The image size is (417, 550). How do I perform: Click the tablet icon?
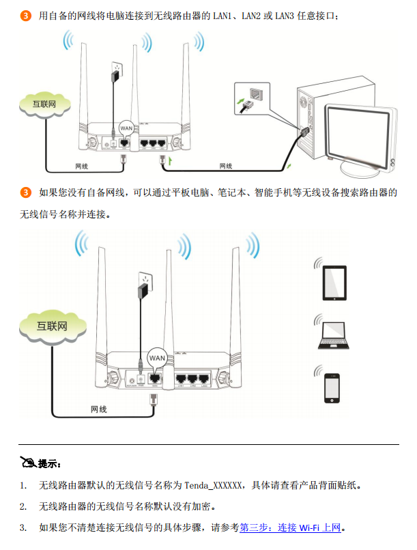[334, 283]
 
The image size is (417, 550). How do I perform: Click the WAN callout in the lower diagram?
[157, 358]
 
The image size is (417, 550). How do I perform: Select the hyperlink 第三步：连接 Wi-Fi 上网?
[289, 527]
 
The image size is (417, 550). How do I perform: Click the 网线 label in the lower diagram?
[99, 409]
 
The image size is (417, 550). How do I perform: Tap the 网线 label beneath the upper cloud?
[81, 166]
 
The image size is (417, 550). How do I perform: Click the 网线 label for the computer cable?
[225, 166]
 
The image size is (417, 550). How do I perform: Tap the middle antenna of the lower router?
[168, 300]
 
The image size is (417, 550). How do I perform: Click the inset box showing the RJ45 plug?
[251, 98]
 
